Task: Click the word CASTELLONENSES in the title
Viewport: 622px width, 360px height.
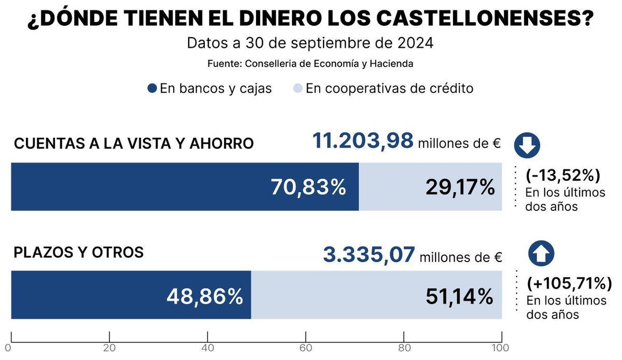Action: click(x=484, y=19)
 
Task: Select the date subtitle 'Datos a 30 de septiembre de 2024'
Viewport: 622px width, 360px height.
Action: click(x=310, y=42)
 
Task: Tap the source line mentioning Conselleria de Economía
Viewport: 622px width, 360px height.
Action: click(x=310, y=64)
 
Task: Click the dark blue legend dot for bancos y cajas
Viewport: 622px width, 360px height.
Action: click(x=152, y=89)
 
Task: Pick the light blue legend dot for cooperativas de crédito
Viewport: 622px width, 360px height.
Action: click(x=298, y=89)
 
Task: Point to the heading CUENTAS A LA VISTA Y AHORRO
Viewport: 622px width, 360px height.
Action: click(x=134, y=143)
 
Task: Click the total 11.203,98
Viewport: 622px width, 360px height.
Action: click(x=363, y=141)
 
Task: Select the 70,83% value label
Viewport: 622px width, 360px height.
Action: click(x=308, y=187)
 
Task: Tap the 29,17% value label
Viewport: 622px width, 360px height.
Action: click(x=460, y=187)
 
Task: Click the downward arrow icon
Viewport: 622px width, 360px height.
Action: click(x=527, y=146)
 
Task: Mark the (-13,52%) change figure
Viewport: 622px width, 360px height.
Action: click(x=563, y=176)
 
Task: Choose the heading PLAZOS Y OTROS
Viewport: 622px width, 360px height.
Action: click(x=79, y=252)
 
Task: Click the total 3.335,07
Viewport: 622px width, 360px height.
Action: click(x=369, y=255)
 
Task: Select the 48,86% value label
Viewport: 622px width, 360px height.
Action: click(x=205, y=296)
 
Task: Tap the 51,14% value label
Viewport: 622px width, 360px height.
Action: click(x=459, y=296)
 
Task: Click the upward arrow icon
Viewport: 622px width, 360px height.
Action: click(x=541, y=254)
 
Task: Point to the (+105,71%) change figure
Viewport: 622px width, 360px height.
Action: click(x=569, y=283)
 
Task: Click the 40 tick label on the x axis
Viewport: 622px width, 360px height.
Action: click(x=208, y=348)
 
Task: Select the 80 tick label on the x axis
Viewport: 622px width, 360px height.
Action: click(x=404, y=348)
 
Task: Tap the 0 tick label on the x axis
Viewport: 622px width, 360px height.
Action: click(x=8, y=348)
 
